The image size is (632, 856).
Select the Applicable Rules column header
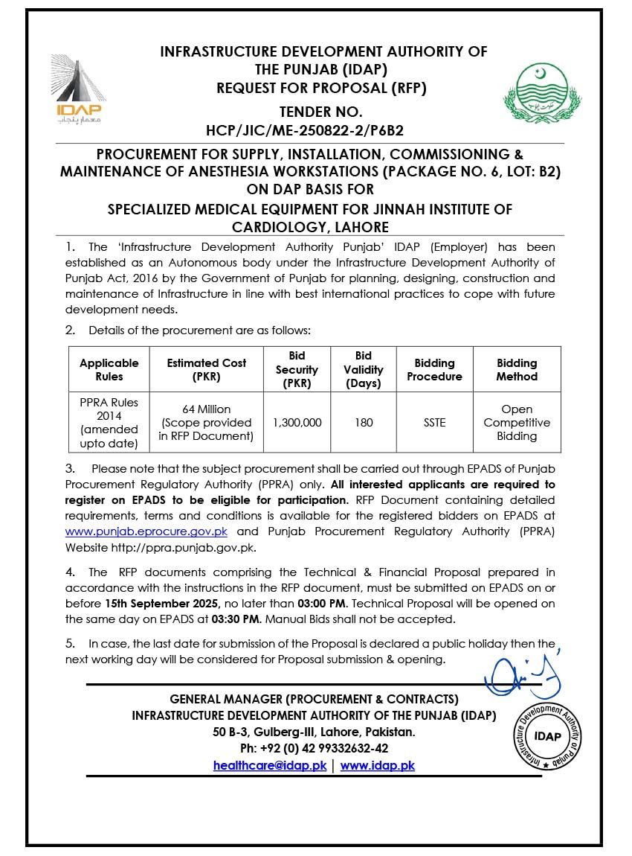tap(109, 370)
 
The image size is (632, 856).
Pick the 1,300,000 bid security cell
tap(297, 422)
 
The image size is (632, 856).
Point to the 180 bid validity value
tap(364, 422)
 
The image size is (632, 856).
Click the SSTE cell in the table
tap(434, 422)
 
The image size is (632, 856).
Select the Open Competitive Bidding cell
tap(517, 422)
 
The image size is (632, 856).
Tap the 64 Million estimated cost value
tap(206, 409)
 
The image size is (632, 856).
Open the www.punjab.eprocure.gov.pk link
tap(146, 531)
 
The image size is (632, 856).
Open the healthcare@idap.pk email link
tap(269, 765)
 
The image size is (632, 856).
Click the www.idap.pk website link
tap(377, 765)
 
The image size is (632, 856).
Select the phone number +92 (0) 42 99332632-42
tap(314, 748)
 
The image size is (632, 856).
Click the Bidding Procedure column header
tap(434, 370)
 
